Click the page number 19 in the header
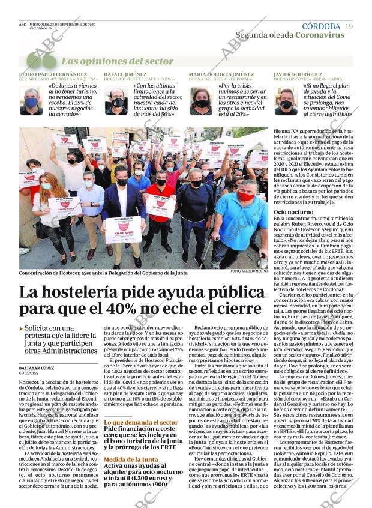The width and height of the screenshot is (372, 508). click(x=349, y=26)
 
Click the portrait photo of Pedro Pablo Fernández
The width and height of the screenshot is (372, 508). click(x=31, y=101)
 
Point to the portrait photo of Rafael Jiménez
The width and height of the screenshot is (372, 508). click(x=117, y=101)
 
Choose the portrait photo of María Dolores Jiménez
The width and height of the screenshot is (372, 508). click(x=202, y=101)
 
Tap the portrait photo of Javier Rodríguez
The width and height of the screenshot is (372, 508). click(x=286, y=101)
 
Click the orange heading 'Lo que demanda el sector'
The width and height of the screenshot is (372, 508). click(x=140, y=422)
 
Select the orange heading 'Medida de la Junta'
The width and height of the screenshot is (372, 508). click(x=131, y=459)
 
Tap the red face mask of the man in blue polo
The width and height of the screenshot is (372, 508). click(x=246, y=196)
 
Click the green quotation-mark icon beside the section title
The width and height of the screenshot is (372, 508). click(x=41, y=61)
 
